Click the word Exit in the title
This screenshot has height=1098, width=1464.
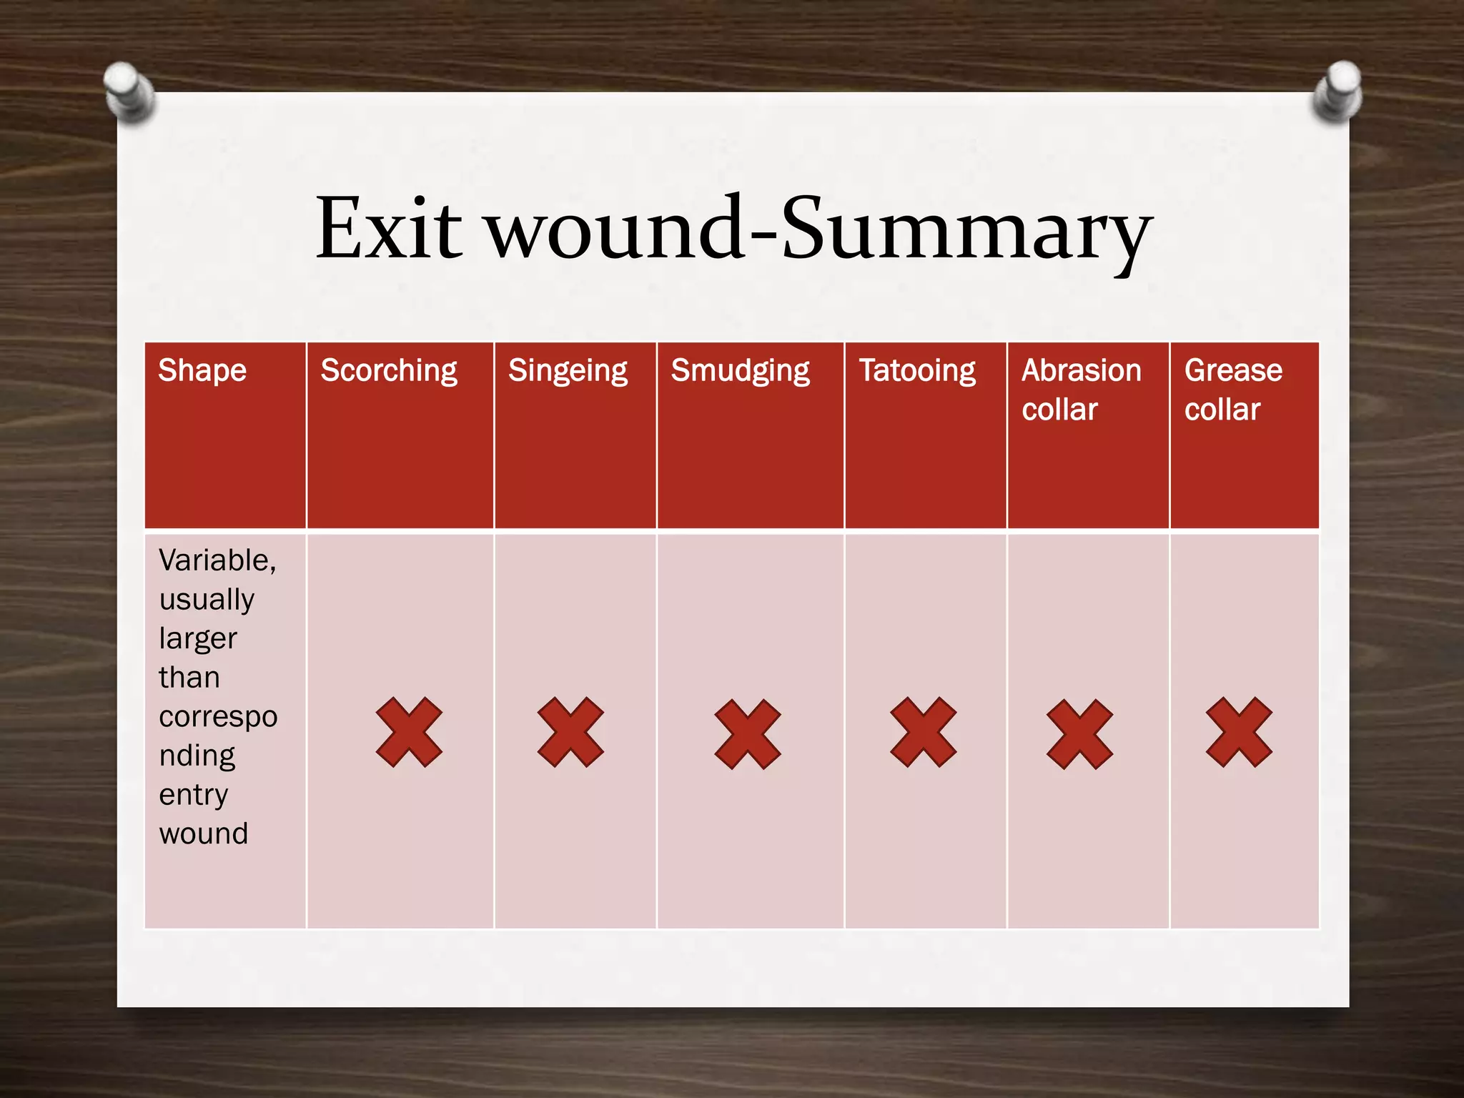(x=390, y=229)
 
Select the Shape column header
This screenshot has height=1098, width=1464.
(x=202, y=371)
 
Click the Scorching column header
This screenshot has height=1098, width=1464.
(x=389, y=371)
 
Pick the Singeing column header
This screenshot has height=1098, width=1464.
(x=568, y=371)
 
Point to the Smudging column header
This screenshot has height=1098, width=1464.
(x=740, y=371)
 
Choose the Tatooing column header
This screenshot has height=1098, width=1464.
(x=917, y=371)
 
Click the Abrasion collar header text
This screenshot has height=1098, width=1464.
(x=1081, y=390)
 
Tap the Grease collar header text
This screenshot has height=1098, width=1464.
(x=1233, y=390)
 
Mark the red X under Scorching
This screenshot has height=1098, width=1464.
(x=409, y=733)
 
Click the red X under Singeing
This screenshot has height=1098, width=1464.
(x=570, y=733)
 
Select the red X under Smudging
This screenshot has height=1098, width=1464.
(x=747, y=734)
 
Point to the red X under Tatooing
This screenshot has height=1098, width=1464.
(x=923, y=733)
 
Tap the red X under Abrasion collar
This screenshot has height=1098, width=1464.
(x=1079, y=734)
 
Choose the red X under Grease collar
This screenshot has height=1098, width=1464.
(x=1239, y=733)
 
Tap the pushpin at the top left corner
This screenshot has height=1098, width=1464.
(x=129, y=91)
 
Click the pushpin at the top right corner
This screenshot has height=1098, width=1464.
(x=1338, y=90)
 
